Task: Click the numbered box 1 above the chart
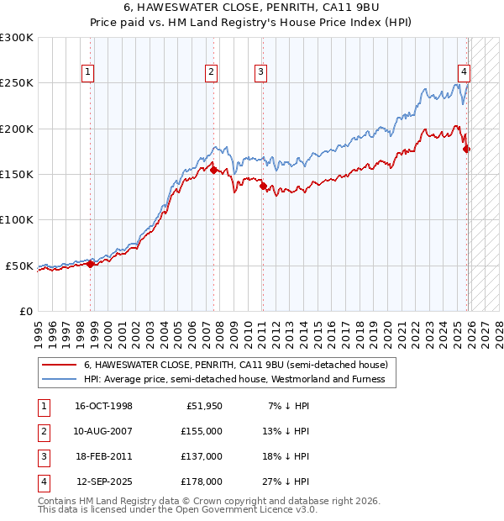click(x=89, y=72)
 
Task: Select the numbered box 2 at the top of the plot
click(x=211, y=72)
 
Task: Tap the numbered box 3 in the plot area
click(x=260, y=72)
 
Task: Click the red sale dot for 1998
click(x=91, y=264)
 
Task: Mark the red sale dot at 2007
click(x=213, y=170)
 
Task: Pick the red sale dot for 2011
click(x=263, y=187)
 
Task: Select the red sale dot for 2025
click(x=467, y=150)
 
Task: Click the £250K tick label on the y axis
click(x=17, y=83)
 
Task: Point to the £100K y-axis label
click(x=17, y=220)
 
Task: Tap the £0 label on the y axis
click(x=24, y=311)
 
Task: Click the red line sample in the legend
click(x=59, y=366)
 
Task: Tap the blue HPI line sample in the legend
click(x=59, y=379)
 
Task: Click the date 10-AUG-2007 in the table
click(x=104, y=431)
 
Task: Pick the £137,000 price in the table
click(x=202, y=456)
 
